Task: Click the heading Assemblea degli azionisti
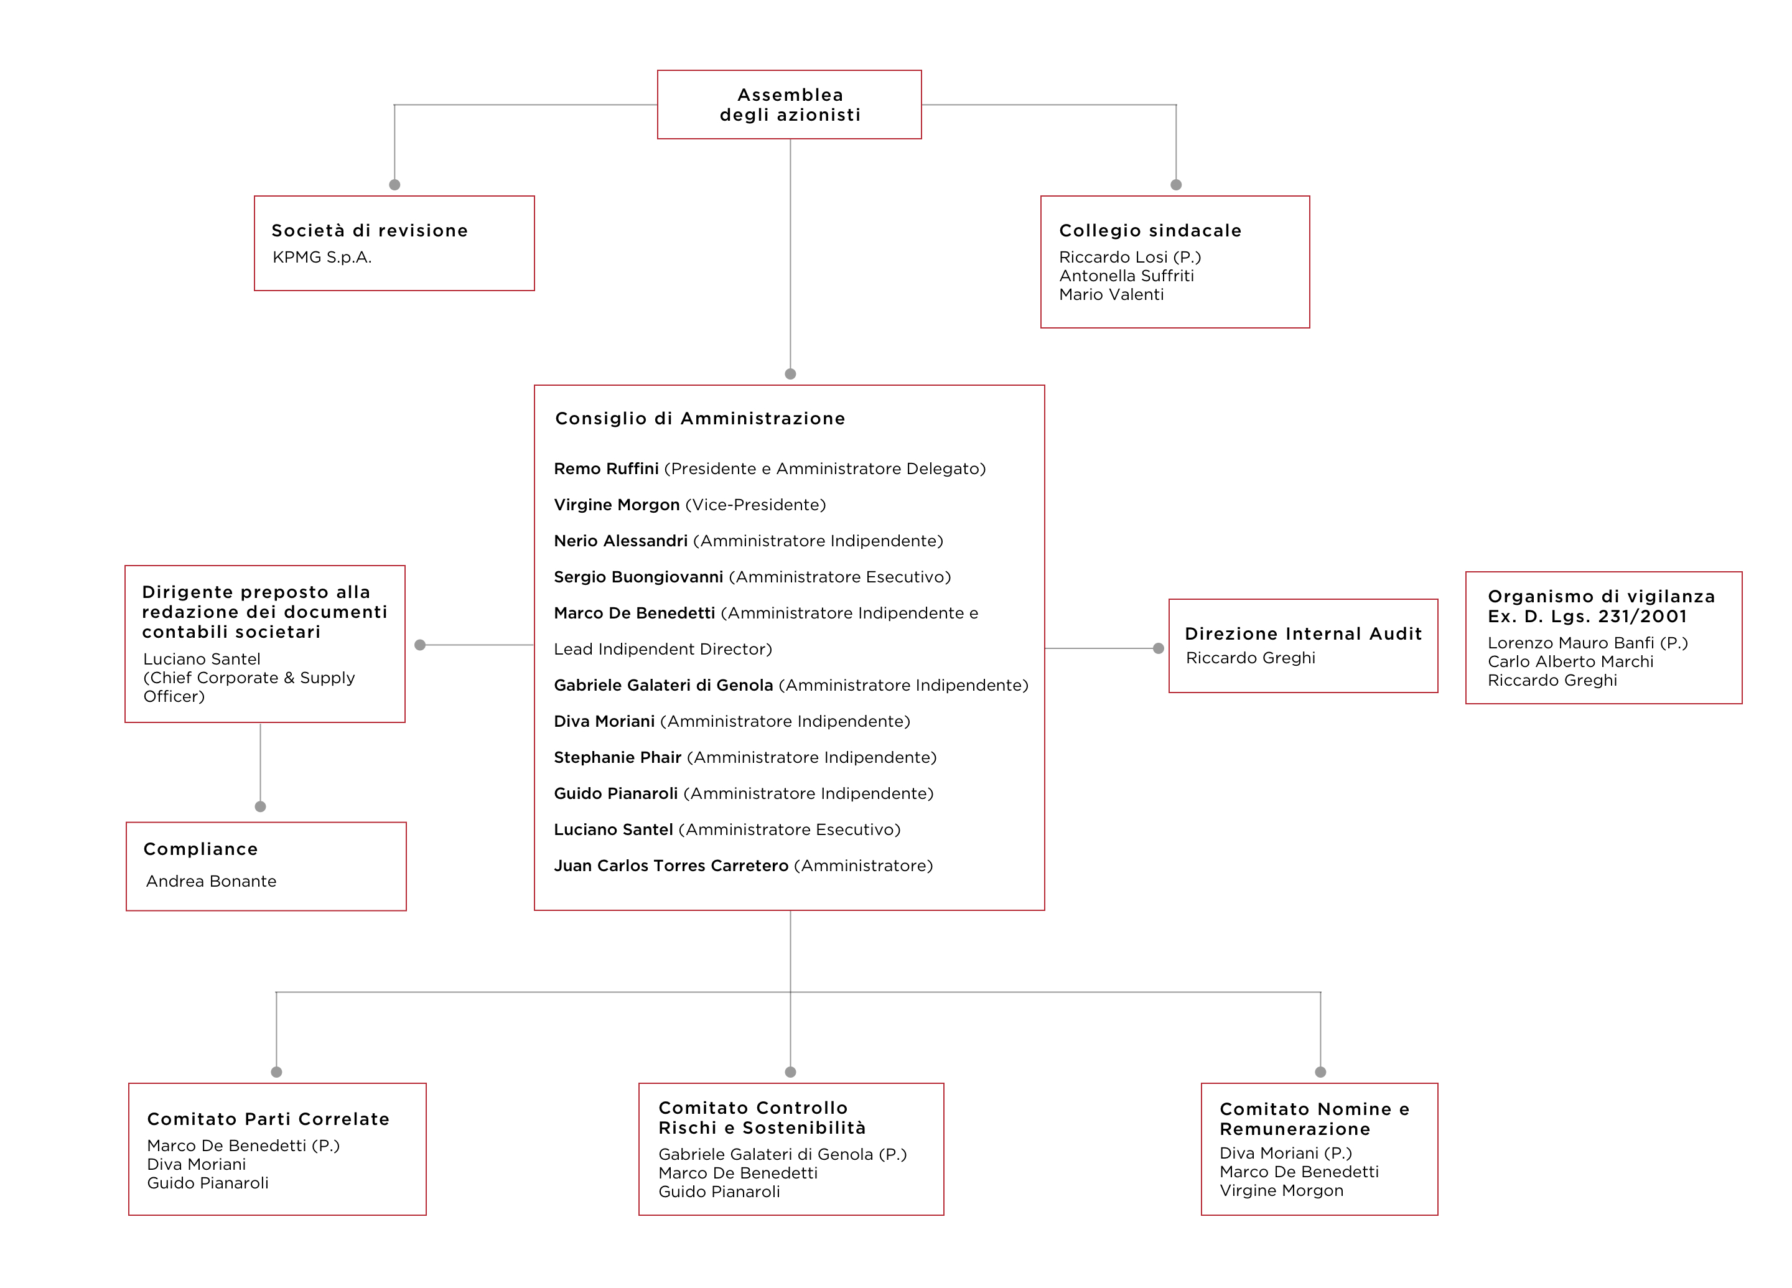tap(790, 105)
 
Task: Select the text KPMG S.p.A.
tap(322, 257)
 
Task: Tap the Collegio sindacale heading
tap(1150, 231)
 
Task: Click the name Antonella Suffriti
tap(1126, 276)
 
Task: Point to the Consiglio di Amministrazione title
tap(700, 419)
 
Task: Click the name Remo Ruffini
tap(606, 469)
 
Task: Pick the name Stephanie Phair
tap(617, 758)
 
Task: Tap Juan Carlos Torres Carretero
tap(671, 866)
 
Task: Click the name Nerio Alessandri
tap(620, 541)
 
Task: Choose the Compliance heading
tap(201, 849)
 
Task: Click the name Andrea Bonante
tap(211, 881)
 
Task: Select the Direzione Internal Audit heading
tap(1303, 633)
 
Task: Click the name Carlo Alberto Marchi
tap(1570, 662)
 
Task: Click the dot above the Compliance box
tap(260, 807)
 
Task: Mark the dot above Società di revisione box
tap(394, 185)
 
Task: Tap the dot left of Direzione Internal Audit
tap(1159, 649)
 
